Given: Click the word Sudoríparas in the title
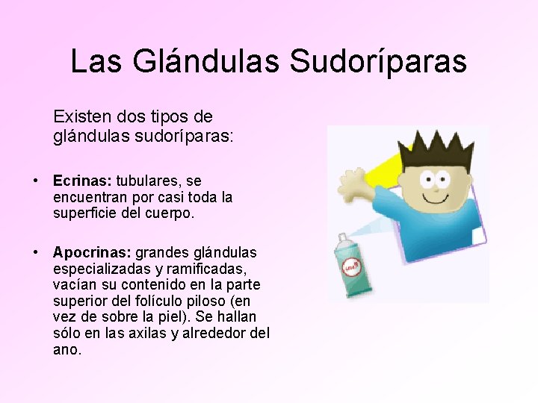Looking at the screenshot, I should tap(378, 61).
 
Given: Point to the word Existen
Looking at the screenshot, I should tap(81, 117).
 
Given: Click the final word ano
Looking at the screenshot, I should tap(65, 349).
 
